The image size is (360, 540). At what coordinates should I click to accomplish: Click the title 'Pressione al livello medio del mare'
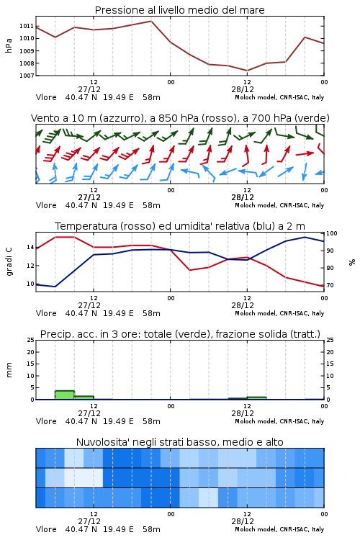tap(179, 10)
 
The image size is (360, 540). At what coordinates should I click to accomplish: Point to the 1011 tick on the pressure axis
tap(27, 26)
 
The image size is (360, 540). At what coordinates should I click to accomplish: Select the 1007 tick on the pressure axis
tap(27, 76)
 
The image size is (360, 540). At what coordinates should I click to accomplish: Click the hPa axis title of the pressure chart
tap(9, 45)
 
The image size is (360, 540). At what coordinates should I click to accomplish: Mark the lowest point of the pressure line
tap(247, 71)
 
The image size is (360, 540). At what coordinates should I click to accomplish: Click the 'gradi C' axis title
tap(9, 261)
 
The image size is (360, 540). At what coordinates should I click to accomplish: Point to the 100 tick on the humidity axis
tap(332, 233)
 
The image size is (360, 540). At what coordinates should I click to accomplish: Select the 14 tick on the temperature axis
tap(30, 247)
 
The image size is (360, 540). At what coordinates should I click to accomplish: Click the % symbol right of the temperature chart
tap(352, 262)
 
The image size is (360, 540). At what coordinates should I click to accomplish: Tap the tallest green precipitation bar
tap(65, 395)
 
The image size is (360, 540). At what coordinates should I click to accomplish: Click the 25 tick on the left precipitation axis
tap(31, 340)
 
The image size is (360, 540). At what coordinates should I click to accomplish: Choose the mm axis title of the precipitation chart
tap(9, 370)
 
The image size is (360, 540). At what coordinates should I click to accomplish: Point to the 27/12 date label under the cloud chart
tap(89, 521)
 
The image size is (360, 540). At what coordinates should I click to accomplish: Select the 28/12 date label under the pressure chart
tap(243, 89)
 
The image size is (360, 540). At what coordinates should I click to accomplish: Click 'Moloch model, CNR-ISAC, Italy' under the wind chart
tap(279, 205)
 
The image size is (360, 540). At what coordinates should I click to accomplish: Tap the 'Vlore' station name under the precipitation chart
tap(46, 421)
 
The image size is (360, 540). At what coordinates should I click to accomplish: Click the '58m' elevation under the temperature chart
tap(151, 313)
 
